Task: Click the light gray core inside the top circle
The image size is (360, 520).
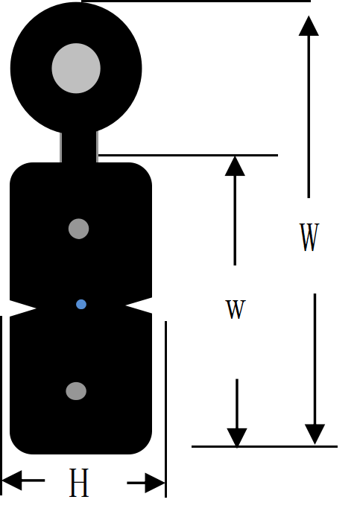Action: coord(76,69)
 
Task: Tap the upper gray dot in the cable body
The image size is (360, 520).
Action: coord(79,229)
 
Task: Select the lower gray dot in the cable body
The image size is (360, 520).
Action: coord(76,391)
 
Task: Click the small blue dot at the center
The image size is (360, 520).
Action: coord(81,305)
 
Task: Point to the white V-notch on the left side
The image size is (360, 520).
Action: coord(22,308)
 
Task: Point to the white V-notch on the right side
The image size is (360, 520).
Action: coord(139,305)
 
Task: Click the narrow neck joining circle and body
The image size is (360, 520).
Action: coord(79,147)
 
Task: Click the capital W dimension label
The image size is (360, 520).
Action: coord(309,237)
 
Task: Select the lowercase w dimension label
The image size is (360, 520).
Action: coord(236,309)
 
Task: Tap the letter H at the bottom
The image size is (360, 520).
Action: coord(79,483)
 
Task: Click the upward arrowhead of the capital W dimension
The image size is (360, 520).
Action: coord(309,25)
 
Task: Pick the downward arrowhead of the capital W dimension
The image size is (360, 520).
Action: coord(315,434)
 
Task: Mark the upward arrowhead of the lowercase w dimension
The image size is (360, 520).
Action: coord(235,166)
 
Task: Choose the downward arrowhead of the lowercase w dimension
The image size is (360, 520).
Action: coord(237,438)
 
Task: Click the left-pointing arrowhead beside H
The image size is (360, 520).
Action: coord(12,481)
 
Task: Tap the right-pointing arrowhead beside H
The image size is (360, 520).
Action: coord(155,483)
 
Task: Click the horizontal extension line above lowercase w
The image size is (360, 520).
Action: coord(188,155)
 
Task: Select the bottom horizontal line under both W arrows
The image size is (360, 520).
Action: coord(265,447)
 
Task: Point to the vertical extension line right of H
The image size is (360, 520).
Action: coord(166,409)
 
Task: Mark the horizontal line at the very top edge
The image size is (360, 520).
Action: coord(196,1)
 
